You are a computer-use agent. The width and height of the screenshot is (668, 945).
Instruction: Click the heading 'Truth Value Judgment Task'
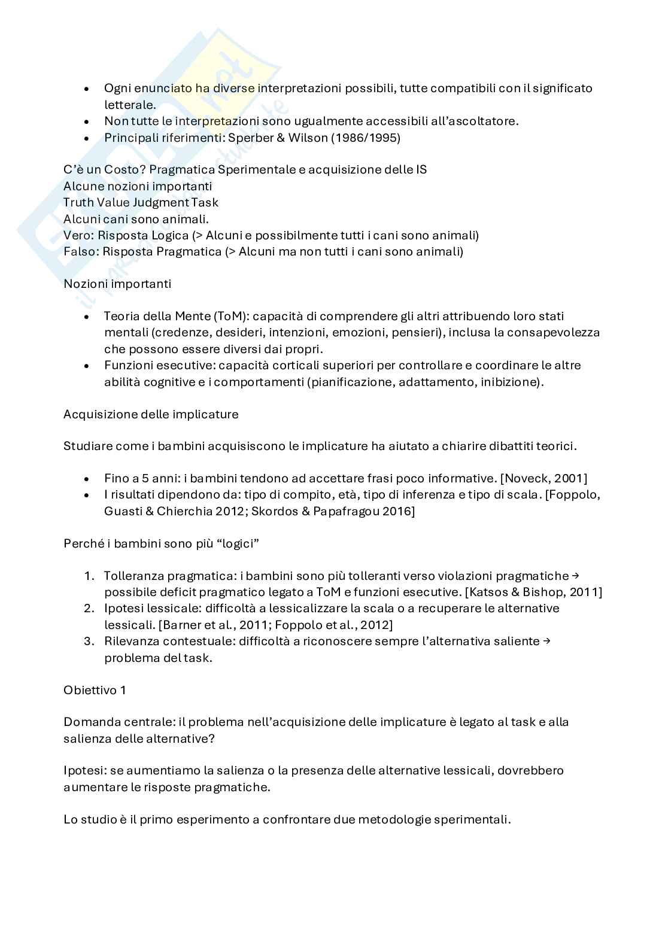(x=141, y=202)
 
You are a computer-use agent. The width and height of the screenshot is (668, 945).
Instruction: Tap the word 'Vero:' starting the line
(x=78, y=235)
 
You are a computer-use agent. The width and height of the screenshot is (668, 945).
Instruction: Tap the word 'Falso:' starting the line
(x=81, y=251)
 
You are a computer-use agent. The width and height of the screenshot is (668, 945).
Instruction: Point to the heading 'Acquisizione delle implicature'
(x=151, y=414)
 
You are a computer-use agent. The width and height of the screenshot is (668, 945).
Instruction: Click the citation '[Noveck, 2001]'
(x=543, y=478)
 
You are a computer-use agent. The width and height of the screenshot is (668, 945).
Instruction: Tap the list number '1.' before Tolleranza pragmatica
(x=89, y=576)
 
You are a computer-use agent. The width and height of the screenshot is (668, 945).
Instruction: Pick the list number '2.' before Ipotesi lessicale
(x=89, y=608)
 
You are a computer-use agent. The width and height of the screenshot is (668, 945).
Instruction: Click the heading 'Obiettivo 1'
(x=95, y=690)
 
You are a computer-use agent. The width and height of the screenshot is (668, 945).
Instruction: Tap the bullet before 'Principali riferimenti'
(x=87, y=138)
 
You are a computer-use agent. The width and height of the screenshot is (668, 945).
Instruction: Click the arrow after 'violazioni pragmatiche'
(x=575, y=575)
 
